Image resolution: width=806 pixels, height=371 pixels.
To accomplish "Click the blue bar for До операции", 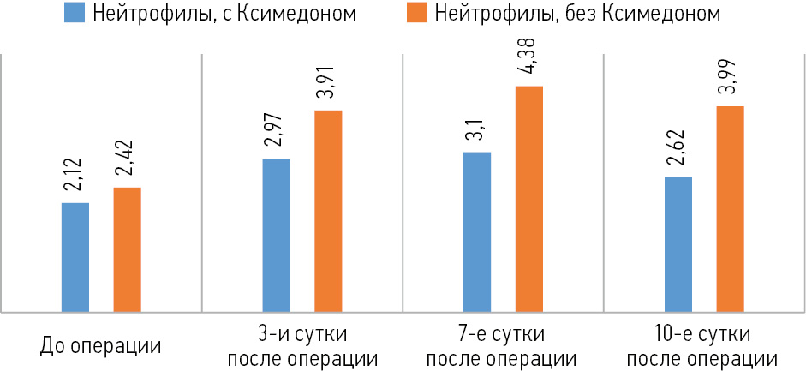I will (75, 257).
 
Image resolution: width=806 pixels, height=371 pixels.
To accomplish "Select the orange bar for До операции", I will (127, 249).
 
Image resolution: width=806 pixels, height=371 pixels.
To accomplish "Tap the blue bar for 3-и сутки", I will (276, 235).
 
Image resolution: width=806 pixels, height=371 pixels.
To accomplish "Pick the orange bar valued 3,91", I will (328, 211).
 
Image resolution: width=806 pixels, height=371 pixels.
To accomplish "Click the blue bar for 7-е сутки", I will (477, 231).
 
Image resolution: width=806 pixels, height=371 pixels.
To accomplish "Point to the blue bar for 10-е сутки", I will (678, 244).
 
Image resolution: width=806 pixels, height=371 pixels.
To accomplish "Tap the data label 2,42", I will (128, 163).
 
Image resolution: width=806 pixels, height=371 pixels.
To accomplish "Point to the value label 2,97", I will (277, 135).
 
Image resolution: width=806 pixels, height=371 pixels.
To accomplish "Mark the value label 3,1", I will (478, 133).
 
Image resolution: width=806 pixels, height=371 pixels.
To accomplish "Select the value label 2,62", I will (678, 153).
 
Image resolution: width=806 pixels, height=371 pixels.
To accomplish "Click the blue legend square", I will (73, 15).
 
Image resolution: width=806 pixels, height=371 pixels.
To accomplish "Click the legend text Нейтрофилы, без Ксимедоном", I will (576, 15).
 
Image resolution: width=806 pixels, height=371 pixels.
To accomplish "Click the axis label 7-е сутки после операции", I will (502, 344).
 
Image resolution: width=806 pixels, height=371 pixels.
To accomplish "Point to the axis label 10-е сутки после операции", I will (704, 344).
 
